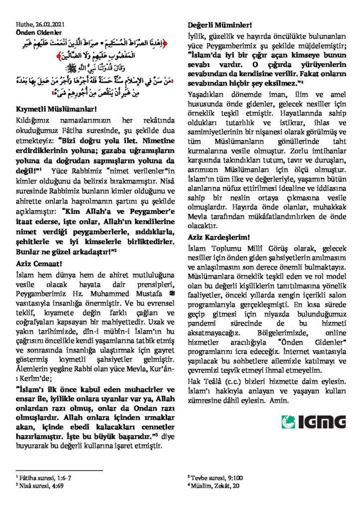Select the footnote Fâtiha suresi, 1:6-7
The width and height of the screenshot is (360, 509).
click(45, 477)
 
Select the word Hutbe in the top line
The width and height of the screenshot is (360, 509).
click(23, 23)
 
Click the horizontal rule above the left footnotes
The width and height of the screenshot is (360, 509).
click(59, 470)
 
